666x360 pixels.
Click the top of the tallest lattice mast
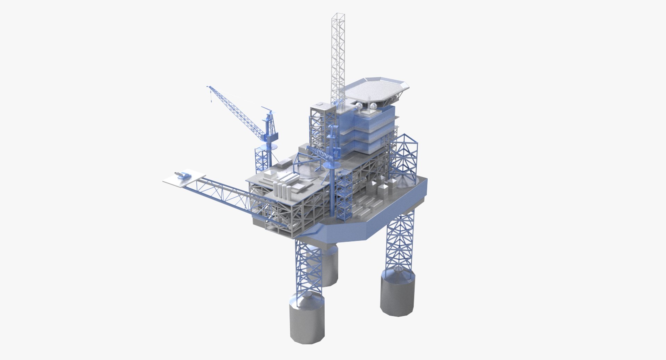coord(338,16)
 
